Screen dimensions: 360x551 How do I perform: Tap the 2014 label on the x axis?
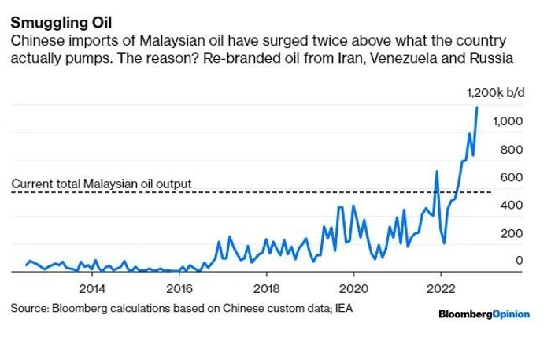[92, 288]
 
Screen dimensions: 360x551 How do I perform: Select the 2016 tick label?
[179, 288]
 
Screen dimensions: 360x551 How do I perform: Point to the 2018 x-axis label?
[267, 288]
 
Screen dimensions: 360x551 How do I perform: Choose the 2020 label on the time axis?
[354, 288]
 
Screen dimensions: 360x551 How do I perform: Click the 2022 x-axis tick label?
[441, 288]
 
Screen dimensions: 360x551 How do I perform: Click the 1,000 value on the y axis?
[508, 121]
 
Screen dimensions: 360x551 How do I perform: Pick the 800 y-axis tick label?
[512, 150]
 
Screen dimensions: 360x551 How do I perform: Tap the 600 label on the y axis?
[512, 177]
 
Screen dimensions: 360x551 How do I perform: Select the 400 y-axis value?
[512, 205]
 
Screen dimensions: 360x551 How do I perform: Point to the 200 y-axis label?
[512, 233]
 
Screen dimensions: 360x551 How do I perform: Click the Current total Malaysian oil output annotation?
[102, 184]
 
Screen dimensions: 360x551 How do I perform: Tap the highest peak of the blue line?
[477, 108]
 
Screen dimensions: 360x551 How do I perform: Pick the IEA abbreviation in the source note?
[343, 308]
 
